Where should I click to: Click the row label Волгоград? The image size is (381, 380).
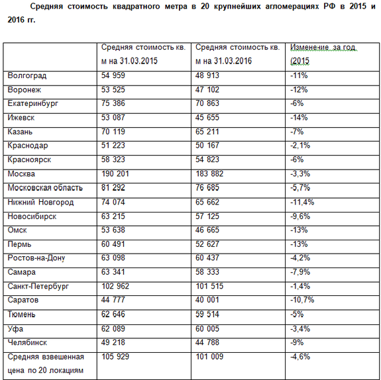27,75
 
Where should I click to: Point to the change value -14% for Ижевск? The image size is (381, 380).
299,117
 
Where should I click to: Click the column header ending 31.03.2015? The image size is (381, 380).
142,54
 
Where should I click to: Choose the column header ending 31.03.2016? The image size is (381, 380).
237,54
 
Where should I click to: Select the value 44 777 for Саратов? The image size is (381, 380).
115,300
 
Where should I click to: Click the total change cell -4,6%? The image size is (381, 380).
301,356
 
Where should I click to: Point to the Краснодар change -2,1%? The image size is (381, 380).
301,146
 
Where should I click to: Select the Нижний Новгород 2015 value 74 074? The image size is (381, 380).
115,202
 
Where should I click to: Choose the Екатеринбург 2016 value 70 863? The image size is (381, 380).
209,103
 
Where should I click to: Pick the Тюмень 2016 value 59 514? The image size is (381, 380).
209,314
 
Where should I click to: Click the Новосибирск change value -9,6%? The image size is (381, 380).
301,216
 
